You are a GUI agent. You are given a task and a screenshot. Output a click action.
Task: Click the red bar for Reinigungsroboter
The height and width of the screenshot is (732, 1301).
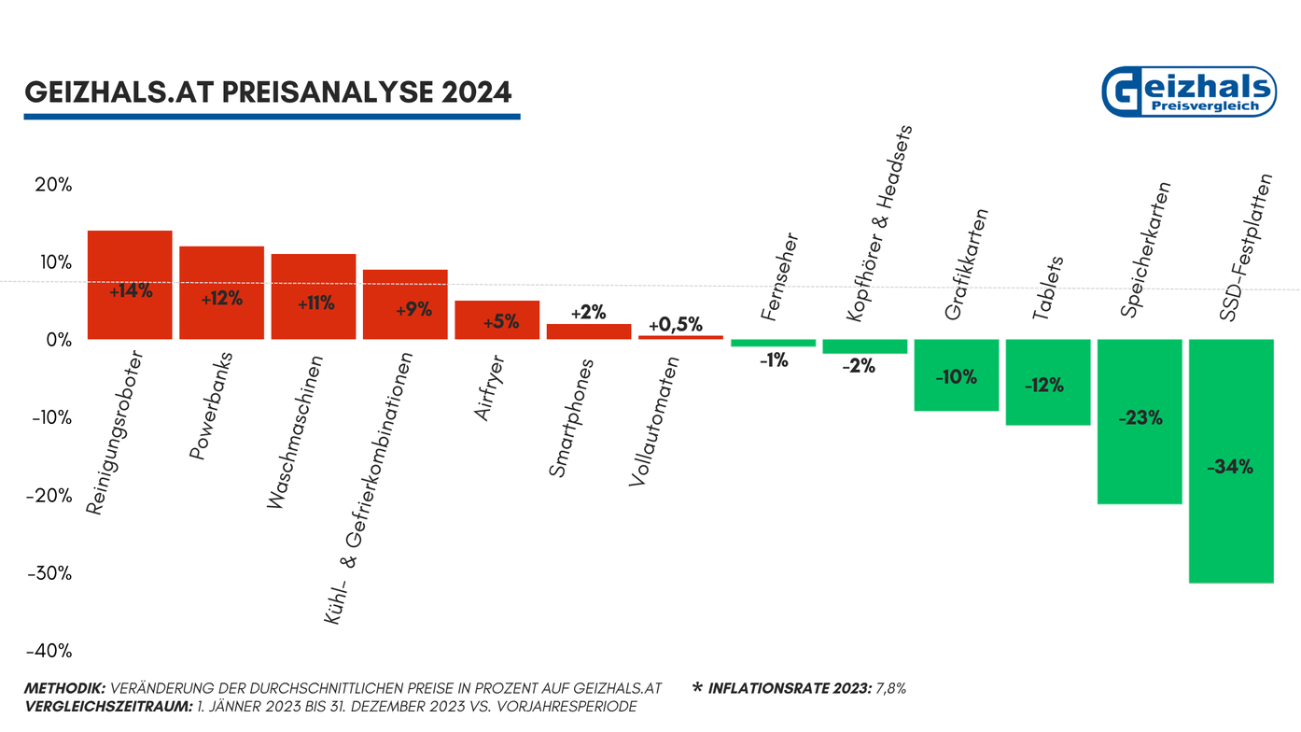(130, 285)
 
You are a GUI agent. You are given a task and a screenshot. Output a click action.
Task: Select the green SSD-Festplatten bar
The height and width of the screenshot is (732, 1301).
(1231, 460)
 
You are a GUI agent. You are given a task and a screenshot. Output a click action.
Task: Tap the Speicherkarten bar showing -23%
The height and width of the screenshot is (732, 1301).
(1140, 421)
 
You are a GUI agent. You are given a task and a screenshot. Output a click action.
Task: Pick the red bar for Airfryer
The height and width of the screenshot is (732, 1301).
(497, 320)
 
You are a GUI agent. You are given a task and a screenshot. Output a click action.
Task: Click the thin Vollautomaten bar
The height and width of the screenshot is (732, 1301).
(680, 337)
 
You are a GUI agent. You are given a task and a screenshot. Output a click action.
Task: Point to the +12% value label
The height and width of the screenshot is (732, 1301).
(221, 300)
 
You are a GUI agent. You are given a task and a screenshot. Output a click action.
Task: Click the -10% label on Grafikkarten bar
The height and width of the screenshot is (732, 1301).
(956, 377)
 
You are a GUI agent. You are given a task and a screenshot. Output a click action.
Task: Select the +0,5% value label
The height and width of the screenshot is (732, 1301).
(675, 324)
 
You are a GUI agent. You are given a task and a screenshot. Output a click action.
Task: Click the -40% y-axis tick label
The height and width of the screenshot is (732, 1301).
(49, 651)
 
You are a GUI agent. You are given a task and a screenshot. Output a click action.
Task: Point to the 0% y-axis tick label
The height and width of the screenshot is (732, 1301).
(58, 340)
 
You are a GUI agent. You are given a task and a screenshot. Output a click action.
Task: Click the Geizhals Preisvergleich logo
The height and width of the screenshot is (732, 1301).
(1188, 92)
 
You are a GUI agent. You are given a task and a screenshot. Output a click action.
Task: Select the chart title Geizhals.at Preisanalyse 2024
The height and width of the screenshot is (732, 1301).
(268, 93)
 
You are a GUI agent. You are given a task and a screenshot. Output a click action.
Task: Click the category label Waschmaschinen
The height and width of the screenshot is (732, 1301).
(295, 432)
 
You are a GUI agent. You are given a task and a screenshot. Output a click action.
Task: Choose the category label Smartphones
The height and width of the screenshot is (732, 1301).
(571, 418)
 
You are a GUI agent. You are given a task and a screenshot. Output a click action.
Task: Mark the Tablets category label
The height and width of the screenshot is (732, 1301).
(1048, 289)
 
